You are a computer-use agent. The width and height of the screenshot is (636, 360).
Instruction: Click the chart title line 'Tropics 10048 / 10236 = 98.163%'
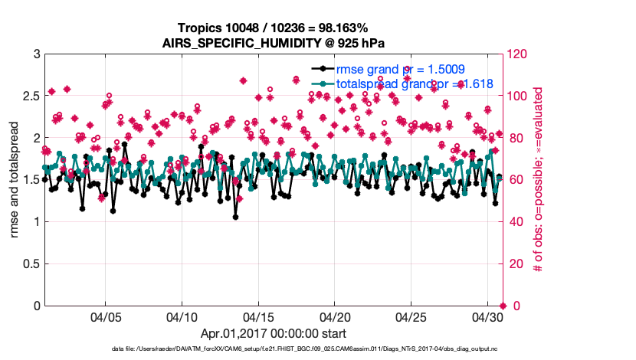tap(272, 28)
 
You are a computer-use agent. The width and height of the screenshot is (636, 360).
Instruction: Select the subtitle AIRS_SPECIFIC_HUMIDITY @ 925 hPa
tap(272, 43)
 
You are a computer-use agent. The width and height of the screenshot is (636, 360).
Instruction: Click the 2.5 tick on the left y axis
tap(30, 97)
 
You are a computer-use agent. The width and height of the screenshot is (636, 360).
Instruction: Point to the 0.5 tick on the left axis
tap(30, 264)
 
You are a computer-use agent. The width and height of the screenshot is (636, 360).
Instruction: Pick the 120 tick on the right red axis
tap(517, 54)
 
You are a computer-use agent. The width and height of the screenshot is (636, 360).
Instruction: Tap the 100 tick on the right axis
tap(517, 97)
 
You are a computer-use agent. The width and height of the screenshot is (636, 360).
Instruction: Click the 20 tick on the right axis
tap(514, 264)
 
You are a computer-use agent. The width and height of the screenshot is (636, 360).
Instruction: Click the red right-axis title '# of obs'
tap(539, 180)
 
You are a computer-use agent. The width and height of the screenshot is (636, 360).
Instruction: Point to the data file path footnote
tap(273, 349)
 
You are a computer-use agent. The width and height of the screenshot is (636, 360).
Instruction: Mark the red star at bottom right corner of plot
tap(502, 306)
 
